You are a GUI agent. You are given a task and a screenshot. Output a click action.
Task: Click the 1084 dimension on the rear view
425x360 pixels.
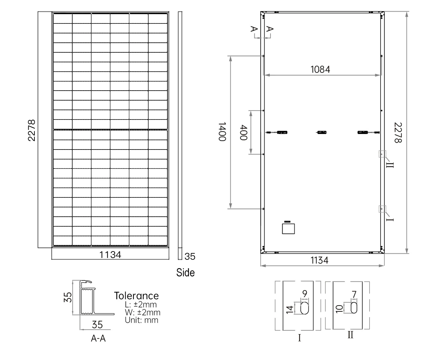[x=320, y=70]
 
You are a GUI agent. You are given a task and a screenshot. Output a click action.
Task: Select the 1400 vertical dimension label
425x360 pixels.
[x=222, y=131]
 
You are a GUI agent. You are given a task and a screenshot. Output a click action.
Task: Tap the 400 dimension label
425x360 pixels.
[x=243, y=132]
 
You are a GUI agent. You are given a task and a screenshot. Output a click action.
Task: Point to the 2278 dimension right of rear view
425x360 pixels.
[x=398, y=133]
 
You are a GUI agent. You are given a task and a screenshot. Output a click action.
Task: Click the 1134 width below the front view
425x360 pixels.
[x=110, y=255]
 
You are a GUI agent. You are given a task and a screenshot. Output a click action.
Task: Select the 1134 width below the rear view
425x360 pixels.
[x=319, y=260]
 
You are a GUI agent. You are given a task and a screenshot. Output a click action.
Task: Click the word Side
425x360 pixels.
[x=185, y=272]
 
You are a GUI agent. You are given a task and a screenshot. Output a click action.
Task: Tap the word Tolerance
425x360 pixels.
[x=136, y=296]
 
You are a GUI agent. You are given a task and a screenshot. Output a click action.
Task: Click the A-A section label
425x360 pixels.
[x=98, y=339]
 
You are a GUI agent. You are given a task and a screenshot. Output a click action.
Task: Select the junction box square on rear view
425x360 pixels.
[x=288, y=229]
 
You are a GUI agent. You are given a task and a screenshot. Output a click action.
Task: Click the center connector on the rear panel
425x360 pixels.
[x=322, y=132]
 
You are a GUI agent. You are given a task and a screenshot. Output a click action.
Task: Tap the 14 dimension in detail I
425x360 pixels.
[x=290, y=309]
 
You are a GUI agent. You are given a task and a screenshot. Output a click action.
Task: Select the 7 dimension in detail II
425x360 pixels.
[x=354, y=295]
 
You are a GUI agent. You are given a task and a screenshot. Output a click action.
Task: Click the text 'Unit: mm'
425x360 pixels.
[x=141, y=320]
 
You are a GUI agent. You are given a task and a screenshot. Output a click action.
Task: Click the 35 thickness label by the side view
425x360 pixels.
[x=190, y=257]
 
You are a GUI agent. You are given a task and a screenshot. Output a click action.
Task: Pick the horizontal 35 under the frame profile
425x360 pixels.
[x=97, y=325]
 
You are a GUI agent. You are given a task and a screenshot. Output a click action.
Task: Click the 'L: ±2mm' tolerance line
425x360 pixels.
[x=141, y=305]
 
